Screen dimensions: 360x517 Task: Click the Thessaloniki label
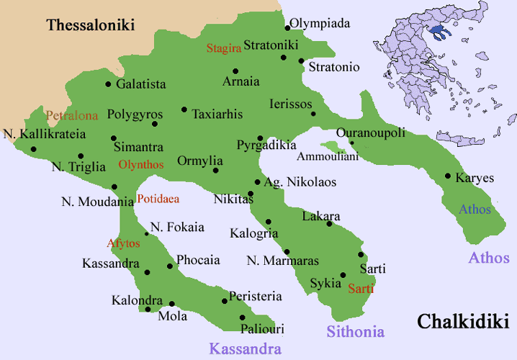[x=91, y=25]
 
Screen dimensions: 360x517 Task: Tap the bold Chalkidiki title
[x=464, y=320]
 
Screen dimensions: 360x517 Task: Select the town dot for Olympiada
[x=287, y=28]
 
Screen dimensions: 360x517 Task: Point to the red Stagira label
[x=222, y=48]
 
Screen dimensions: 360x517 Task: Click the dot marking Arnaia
[x=235, y=71]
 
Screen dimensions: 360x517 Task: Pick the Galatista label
[x=141, y=84]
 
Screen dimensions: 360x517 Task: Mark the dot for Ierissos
[x=313, y=114]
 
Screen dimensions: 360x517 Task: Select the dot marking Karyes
[x=448, y=176]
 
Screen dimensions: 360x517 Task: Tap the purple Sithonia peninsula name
[x=356, y=332]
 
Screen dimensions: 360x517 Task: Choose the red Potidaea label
[x=158, y=199]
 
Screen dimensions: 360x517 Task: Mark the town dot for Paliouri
[x=242, y=317]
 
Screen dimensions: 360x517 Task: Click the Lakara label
[x=321, y=216]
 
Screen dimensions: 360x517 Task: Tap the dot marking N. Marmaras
[x=287, y=251]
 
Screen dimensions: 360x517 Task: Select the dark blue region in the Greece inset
[x=436, y=30]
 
